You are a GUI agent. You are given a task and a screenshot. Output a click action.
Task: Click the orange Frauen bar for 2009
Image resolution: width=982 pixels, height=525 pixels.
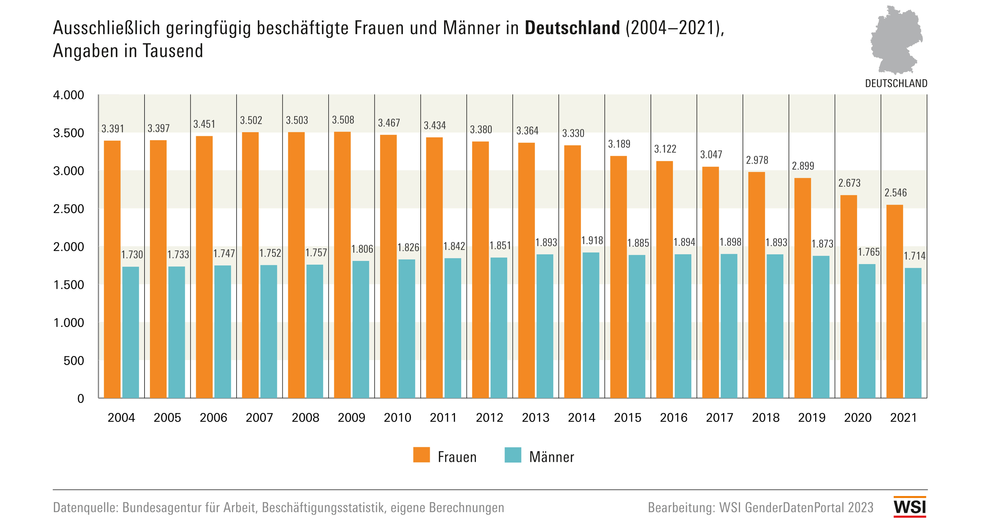click(342, 265)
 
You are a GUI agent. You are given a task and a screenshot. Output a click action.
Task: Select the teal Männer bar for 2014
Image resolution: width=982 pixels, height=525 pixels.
click(591, 325)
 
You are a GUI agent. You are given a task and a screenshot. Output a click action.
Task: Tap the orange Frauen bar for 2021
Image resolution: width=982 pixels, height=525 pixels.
click(894, 301)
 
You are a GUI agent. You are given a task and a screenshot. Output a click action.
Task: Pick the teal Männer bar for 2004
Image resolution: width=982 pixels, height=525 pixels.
click(130, 332)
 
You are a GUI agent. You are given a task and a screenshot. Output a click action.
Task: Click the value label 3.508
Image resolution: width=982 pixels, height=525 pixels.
click(343, 120)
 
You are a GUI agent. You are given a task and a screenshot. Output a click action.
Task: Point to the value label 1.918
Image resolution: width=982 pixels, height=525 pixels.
click(592, 241)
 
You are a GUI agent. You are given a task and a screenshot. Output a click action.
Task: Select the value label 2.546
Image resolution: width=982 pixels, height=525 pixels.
click(895, 193)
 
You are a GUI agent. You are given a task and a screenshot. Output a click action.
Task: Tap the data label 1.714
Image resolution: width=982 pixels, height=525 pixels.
click(914, 256)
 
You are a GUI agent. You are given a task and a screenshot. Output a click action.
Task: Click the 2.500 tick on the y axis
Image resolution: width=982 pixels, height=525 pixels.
click(69, 209)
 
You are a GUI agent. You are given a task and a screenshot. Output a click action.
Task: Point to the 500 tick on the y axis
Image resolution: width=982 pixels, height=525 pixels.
click(74, 361)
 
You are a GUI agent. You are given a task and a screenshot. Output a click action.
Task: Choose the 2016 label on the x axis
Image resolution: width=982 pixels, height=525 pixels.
click(673, 418)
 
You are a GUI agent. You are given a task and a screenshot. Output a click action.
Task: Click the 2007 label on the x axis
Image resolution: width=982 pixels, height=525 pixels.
click(259, 418)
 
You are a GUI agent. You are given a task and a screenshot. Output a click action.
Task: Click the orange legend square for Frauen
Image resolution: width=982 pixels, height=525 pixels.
click(421, 455)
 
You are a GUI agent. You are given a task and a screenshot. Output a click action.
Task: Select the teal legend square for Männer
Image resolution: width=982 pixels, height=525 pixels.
click(513, 455)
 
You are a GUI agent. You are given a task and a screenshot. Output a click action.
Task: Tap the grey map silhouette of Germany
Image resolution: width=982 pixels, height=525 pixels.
click(896, 40)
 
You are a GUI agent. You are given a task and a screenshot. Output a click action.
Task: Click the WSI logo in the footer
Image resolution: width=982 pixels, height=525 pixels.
click(910, 507)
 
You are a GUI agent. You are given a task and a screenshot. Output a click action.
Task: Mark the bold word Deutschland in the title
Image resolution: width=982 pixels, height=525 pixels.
click(572, 28)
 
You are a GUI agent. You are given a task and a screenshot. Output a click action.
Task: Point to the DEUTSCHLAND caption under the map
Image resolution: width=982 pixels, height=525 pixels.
click(896, 84)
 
